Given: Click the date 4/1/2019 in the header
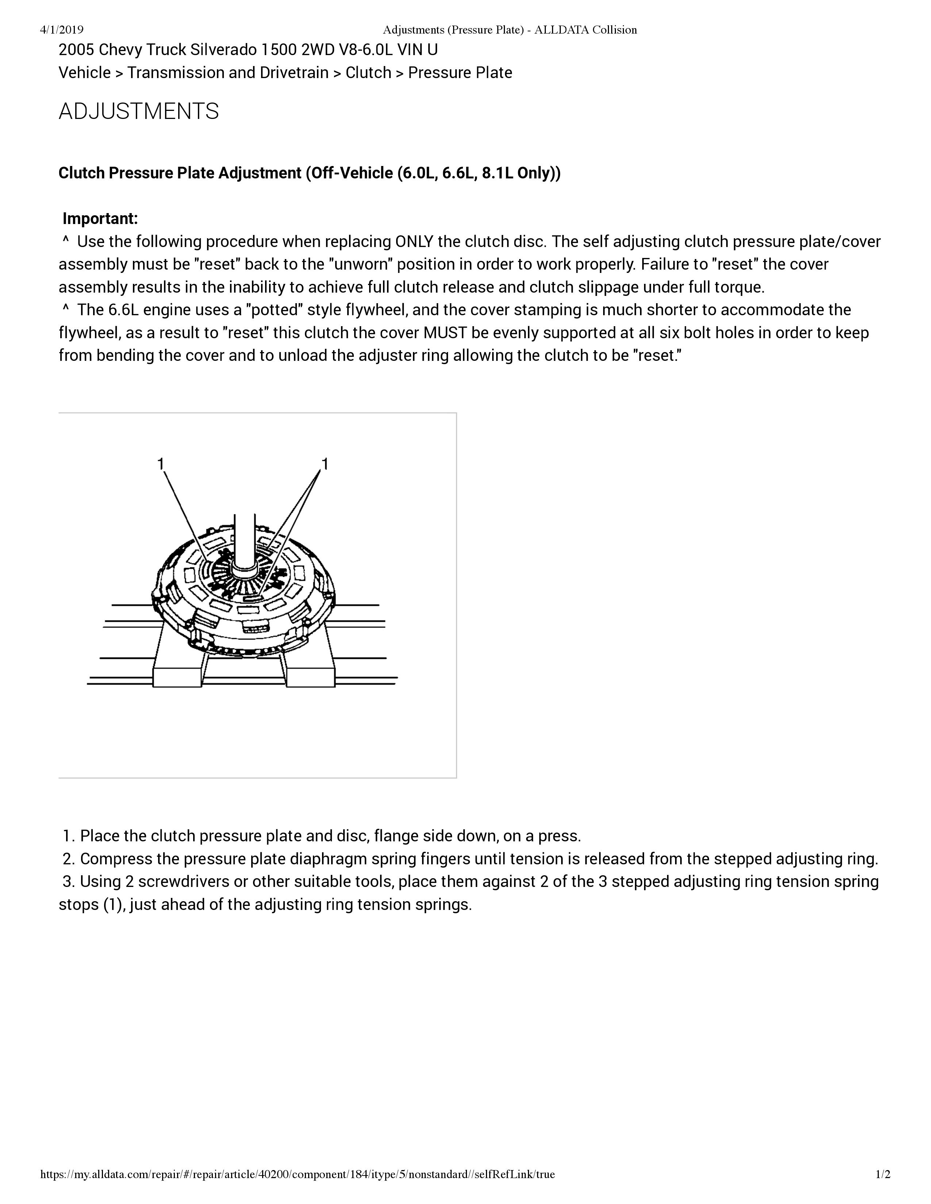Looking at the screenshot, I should [62, 30].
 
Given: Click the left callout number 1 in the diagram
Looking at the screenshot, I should [161, 464].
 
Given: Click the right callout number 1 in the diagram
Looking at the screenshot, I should [325, 464].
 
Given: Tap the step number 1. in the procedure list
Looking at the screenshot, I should [68, 836].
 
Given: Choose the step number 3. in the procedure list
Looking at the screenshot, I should [68, 881].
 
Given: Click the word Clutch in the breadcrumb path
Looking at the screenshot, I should [368, 73].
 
